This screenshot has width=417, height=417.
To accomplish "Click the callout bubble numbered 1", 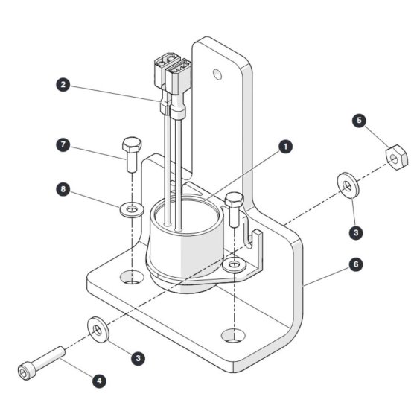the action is click(x=286, y=147).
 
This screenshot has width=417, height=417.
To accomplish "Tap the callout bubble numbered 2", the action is click(x=63, y=85).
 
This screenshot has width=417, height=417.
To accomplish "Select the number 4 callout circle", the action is click(x=99, y=381).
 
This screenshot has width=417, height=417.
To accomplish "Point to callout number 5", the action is click(x=359, y=121).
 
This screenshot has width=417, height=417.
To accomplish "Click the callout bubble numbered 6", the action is click(x=356, y=264).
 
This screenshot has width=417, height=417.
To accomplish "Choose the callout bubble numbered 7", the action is click(x=63, y=144).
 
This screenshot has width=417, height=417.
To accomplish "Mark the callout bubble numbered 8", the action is click(x=63, y=189).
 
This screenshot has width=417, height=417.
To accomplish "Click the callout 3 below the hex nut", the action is click(x=356, y=232).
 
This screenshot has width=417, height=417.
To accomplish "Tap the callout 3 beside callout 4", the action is click(x=138, y=358).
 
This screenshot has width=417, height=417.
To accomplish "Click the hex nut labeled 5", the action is click(x=396, y=157).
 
